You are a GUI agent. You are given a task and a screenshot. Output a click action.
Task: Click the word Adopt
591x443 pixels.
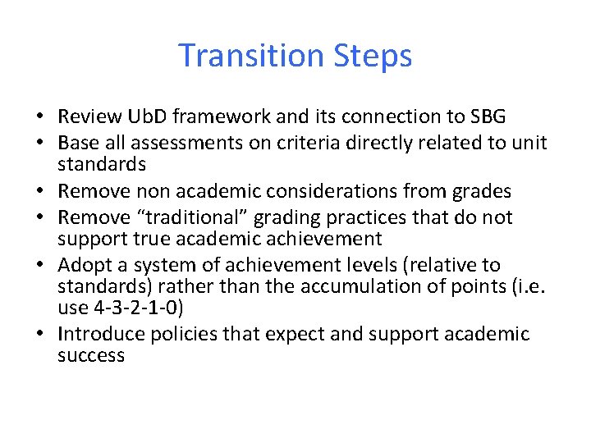pyautogui.click(x=86, y=266)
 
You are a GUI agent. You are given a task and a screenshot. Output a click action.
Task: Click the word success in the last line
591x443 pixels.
pyautogui.click(x=91, y=356)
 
